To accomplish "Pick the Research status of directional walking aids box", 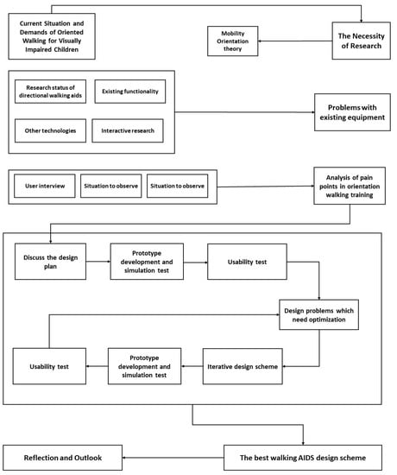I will (x=51, y=92).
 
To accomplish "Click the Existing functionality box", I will (x=129, y=92).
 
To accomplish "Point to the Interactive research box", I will (x=128, y=130).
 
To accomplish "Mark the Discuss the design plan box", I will (x=51, y=260).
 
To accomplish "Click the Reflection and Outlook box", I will (x=62, y=457).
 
